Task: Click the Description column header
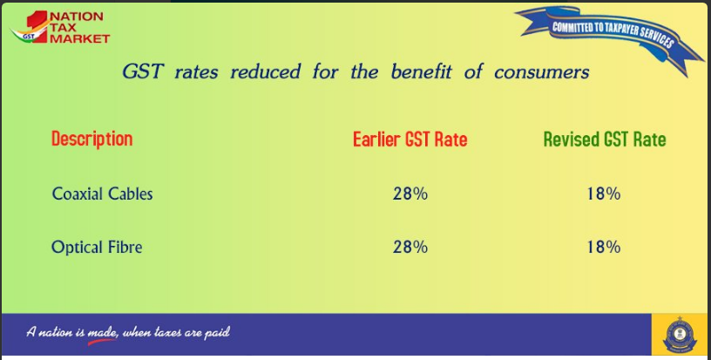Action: pos(92,139)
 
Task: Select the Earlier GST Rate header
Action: pos(410,139)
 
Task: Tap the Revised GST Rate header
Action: pos(605,139)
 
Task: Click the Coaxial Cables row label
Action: pos(103,194)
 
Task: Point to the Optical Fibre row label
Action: pos(97,247)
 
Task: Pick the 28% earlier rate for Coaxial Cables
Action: pos(410,194)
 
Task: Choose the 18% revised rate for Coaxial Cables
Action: pos(604,194)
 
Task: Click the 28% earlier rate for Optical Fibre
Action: pos(410,247)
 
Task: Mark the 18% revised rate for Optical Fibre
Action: pos(604,247)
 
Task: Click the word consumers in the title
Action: pos(541,72)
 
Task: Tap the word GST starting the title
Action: pos(143,71)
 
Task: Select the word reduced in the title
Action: pos(265,71)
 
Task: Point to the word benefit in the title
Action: pos(421,71)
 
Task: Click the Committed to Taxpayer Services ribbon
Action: pos(610,37)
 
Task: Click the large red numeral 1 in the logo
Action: pos(37,26)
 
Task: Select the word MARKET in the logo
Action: pos(80,38)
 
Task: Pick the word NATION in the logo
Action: pos(77,17)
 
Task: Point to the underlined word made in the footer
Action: pos(102,333)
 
